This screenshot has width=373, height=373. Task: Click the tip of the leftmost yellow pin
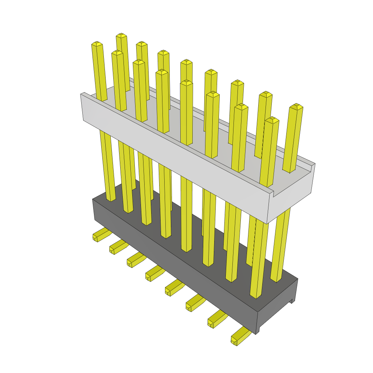[97, 44]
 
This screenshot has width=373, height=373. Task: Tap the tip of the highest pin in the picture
[121, 35]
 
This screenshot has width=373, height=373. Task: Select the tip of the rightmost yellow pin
[297, 106]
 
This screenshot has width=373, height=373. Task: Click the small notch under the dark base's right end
[292, 301]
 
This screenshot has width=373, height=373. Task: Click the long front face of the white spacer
[175, 160]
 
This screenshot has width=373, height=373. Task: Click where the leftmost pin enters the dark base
[111, 200]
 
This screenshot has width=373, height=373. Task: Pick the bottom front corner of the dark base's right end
[258, 333]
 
